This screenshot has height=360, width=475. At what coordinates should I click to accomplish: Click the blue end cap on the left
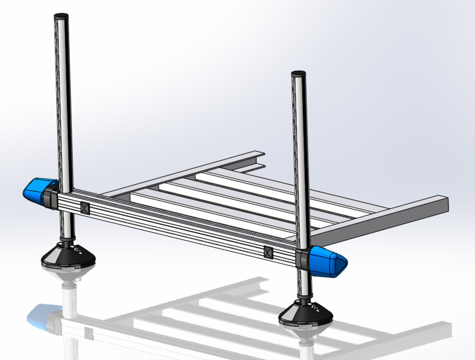36,190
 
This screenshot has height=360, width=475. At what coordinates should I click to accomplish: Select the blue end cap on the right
329,261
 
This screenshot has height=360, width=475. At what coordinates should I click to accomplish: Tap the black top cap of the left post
61,15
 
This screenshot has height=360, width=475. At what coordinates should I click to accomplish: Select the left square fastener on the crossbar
85,208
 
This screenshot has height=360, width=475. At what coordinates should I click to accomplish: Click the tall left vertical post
62,101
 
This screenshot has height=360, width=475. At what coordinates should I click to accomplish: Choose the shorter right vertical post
299,157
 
